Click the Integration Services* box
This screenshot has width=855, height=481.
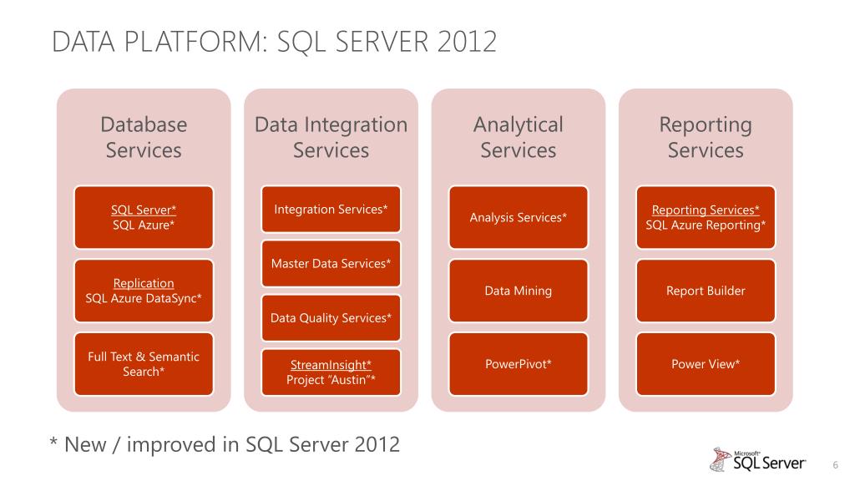point(331,209)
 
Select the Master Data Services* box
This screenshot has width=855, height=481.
point(331,264)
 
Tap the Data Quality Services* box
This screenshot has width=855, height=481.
point(331,318)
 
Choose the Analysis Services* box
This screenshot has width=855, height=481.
point(518,217)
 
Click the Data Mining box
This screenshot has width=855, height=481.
point(518,291)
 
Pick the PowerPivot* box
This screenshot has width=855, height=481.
point(518,364)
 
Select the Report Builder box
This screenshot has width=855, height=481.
point(706,291)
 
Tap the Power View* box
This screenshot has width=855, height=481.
point(706,364)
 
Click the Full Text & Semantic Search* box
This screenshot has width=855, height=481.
point(144,364)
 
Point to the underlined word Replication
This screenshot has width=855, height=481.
point(144,283)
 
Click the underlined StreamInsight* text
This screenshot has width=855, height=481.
point(331,365)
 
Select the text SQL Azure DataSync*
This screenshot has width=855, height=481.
point(144,298)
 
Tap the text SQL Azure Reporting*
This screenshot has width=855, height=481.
point(706,225)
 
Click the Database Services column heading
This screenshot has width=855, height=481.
point(144,137)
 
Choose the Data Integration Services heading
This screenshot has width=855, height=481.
point(331,137)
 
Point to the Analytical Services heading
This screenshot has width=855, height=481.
point(518,137)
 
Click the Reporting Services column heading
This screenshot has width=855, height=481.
point(706,137)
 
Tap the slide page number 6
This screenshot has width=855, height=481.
point(835,464)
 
